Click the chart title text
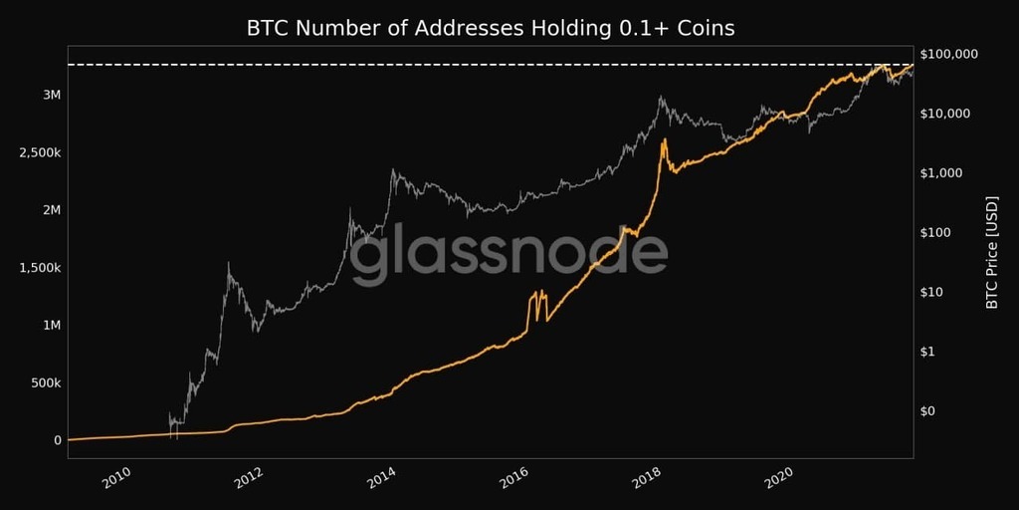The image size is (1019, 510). click(x=490, y=28)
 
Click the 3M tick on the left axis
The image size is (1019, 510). click(x=50, y=96)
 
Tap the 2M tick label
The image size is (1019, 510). click(x=50, y=211)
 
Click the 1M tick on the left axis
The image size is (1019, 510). click(x=50, y=326)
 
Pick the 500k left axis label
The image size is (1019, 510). click(x=44, y=383)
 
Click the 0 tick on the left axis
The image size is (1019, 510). click(x=58, y=440)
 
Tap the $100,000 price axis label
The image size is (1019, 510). click(x=950, y=54)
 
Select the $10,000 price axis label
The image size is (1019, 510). click(x=947, y=114)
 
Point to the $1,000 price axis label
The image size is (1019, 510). click(x=944, y=173)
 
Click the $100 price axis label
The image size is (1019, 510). click(x=940, y=233)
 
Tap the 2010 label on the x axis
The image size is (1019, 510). click(x=116, y=480)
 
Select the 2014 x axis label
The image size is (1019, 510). click(x=381, y=480)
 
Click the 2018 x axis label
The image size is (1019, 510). click(x=648, y=480)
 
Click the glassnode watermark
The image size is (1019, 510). click(x=509, y=255)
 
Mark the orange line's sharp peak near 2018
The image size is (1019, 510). click(x=664, y=140)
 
